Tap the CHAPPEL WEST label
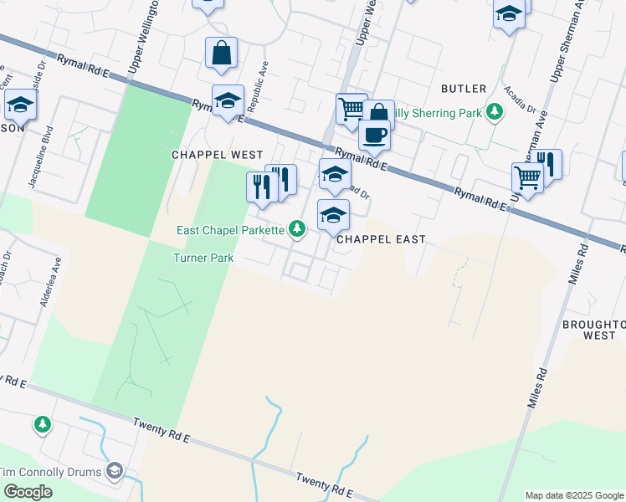click(217, 155)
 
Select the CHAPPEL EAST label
click(381, 239)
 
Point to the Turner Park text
click(203, 259)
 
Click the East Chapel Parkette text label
click(231, 230)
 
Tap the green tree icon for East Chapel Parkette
click(296, 228)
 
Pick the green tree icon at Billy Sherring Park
click(495, 111)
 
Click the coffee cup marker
click(374, 134)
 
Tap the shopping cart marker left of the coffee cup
click(351, 108)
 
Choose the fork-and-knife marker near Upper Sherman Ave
click(547, 163)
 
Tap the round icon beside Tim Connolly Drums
click(114, 472)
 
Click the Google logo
click(28, 491)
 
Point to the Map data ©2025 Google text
click(574, 495)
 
